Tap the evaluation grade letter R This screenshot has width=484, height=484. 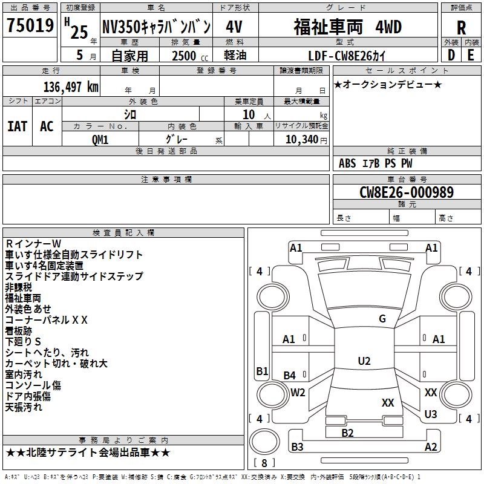coord(461,28)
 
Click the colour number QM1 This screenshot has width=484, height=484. coord(100,139)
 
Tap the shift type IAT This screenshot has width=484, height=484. coord(17,126)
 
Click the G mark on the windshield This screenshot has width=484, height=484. coord(382,319)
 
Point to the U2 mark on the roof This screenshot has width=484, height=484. coord(364,361)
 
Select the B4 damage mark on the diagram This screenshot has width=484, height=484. coord(290,376)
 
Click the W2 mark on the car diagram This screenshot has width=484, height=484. coord(298,392)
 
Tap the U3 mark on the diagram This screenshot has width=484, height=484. coord(431,414)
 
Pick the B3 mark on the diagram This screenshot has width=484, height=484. coord(297,447)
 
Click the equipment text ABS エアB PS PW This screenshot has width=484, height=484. coord(376,163)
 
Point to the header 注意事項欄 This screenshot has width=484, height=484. coord(166,180)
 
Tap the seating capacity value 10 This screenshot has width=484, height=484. coord(248,114)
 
